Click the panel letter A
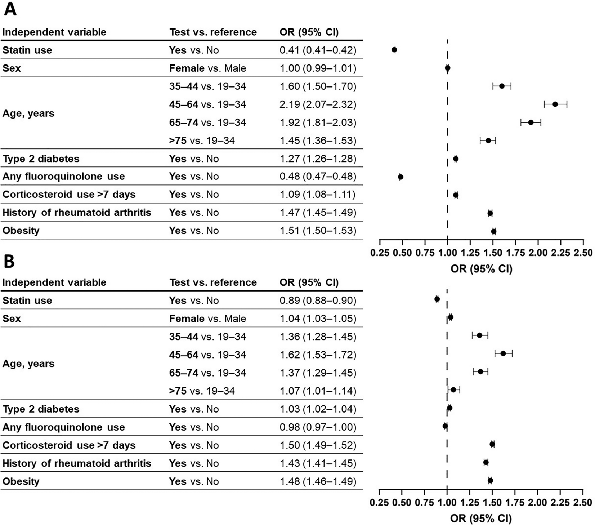tap(10, 9)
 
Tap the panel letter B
tap(9, 262)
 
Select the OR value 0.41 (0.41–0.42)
tap(318, 50)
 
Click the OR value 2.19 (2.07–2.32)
tap(318, 104)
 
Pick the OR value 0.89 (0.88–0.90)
tap(318, 301)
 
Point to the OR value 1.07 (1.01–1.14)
tap(318, 391)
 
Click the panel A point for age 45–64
tap(555, 104)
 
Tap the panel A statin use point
tap(394, 50)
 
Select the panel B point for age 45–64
tap(503, 353)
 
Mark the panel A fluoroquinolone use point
tap(401, 177)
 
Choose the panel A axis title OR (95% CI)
tap(481, 268)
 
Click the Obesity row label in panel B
tap(21, 481)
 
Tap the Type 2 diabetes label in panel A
tap(41, 159)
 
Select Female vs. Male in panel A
tap(208, 68)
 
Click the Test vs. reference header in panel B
tap(213, 282)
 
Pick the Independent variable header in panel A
tap(54, 32)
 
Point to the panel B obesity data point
tap(490, 480)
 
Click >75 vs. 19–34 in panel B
tap(202, 391)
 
